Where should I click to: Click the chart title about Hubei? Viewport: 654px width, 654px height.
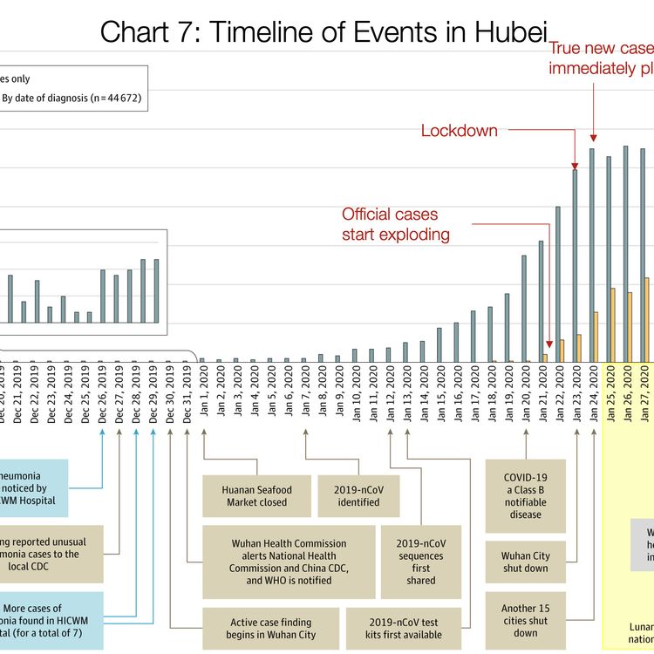pyautogui.click(x=324, y=31)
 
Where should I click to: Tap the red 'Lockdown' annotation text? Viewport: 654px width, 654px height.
pyautogui.click(x=459, y=131)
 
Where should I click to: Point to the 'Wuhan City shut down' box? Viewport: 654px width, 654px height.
pyautogui.click(x=525, y=562)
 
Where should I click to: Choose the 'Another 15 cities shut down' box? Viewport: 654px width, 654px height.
pyautogui.click(x=525, y=620)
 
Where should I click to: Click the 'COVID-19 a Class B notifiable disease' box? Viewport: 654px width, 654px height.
pyautogui.click(x=525, y=496)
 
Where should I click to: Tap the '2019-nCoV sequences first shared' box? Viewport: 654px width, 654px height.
pyautogui.click(x=421, y=562)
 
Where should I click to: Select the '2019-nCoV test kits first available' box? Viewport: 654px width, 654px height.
pyautogui.click(x=404, y=629)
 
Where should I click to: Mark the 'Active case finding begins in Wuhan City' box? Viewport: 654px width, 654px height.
pyautogui.click(x=273, y=629)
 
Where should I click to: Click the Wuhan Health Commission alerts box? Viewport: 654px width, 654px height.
pyautogui.click(x=289, y=562)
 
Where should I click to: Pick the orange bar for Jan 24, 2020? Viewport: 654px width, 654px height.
pyautogui.click(x=596, y=337)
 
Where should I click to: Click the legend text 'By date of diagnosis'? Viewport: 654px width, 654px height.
pyautogui.click(x=71, y=99)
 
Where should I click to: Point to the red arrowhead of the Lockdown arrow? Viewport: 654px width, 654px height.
pyautogui.click(x=576, y=166)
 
